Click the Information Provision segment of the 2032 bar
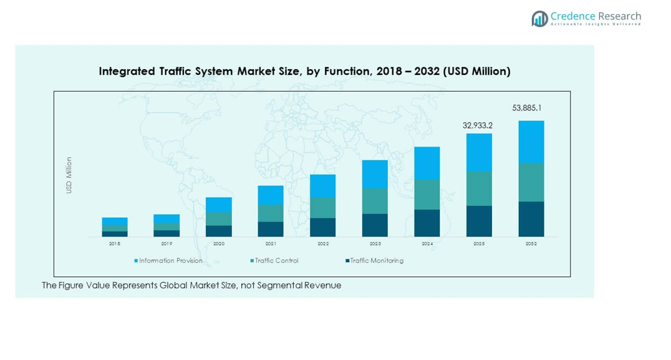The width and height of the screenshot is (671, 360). pos(531,142)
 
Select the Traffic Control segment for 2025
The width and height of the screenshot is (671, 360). pos(479,188)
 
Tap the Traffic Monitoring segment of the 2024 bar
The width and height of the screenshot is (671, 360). pos(427,223)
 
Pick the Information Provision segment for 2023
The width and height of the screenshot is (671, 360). pos(375,174)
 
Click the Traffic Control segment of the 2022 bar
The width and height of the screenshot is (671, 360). pos(322,208)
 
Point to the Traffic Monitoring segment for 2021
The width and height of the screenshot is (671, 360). pos(271,229)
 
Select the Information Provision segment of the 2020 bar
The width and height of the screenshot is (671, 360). pos(219,205)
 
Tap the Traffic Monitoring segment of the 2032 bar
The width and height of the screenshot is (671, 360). pos(531,219)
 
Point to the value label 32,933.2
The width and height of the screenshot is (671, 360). pos(478,125)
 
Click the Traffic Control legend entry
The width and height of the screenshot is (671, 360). pos(276,261)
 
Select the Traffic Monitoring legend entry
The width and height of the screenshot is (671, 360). pos(376,261)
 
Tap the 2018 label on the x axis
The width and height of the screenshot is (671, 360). pos(115,244)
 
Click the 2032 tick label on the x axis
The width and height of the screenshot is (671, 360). pos(531,244)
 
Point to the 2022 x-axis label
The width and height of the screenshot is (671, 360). pos(322,244)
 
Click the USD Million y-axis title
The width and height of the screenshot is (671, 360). pos(69,175)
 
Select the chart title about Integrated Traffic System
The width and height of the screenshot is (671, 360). pos(304,71)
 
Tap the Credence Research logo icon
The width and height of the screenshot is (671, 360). pos(539,19)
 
